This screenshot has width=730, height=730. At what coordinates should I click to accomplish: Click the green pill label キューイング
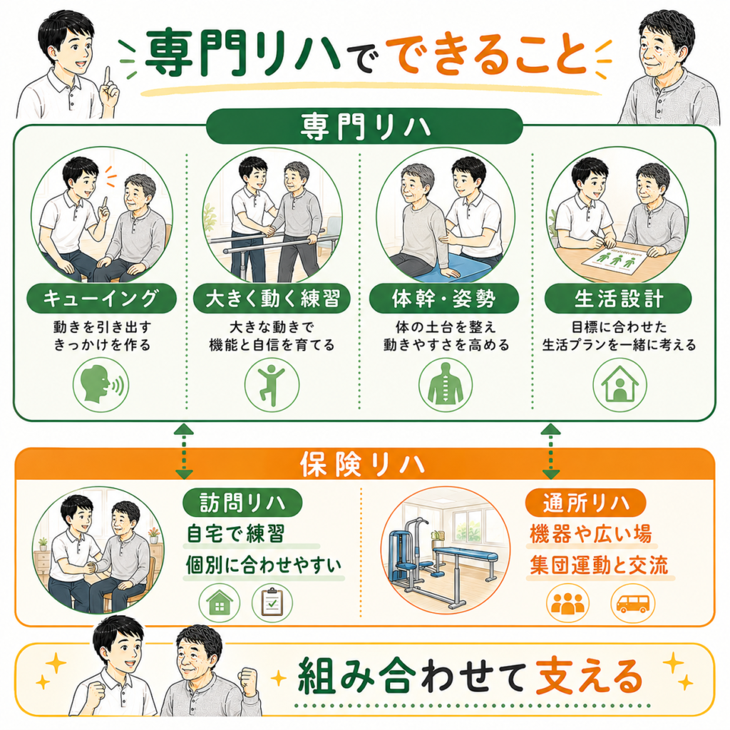[x=101, y=299]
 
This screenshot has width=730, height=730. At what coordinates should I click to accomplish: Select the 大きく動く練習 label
[x=272, y=299]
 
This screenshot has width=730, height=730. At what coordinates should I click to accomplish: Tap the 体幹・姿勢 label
[x=443, y=299]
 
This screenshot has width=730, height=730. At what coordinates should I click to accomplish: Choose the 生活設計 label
[x=618, y=299]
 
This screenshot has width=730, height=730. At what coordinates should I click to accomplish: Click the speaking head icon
[x=101, y=384]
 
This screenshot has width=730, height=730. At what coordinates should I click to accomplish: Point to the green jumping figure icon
[x=272, y=384]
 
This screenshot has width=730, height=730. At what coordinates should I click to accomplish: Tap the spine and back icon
[x=446, y=384]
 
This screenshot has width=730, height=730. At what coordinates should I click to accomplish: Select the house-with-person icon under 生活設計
[x=620, y=384]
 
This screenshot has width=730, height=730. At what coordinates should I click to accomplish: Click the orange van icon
[x=632, y=603]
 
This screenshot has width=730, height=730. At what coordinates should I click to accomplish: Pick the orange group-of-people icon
[x=567, y=603]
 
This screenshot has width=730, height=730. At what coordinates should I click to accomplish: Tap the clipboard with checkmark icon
[x=272, y=603]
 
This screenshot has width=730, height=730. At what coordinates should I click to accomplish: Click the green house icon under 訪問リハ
[x=220, y=603]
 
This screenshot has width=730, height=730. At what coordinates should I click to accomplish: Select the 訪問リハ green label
[x=242, y=503]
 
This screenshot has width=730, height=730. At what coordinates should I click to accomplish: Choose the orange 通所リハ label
[x=586, y=503]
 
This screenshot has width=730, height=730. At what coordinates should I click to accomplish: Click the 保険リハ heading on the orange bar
[x=362, y=464]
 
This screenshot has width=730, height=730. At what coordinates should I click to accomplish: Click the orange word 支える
[x=589, y=676]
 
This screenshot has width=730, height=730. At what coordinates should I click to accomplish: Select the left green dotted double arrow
[x=184, y=451]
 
